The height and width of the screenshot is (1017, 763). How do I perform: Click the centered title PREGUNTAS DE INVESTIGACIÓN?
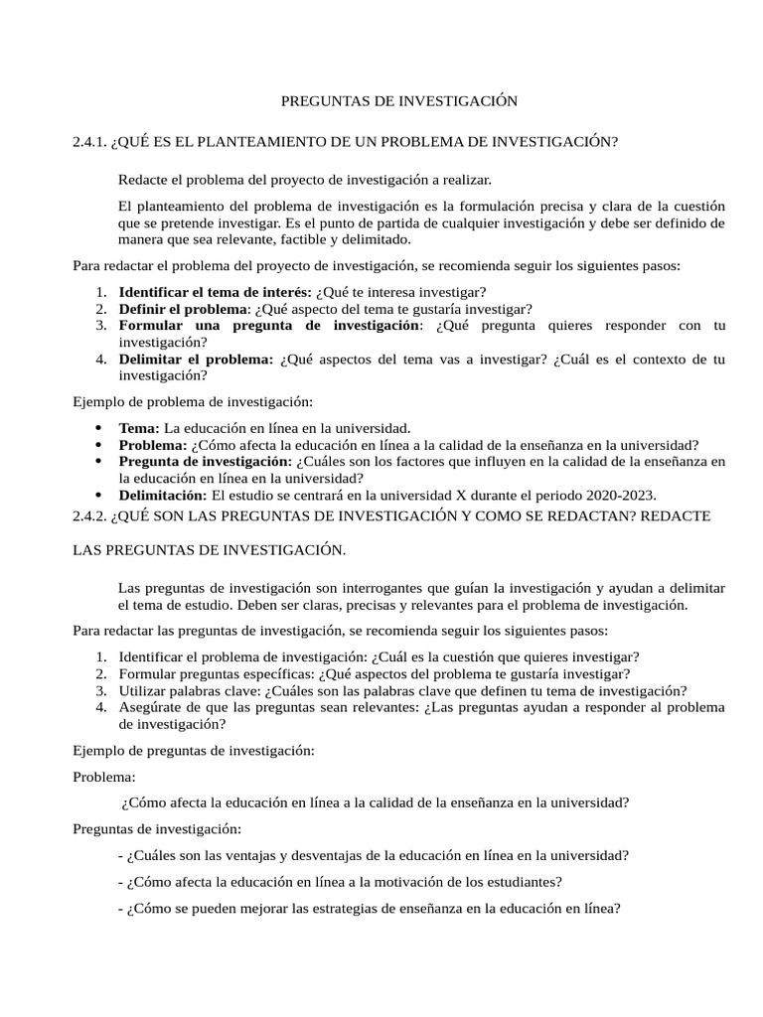point(399,100)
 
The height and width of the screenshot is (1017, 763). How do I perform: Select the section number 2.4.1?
point(89,142)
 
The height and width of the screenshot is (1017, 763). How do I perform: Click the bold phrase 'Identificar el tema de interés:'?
point(215,292)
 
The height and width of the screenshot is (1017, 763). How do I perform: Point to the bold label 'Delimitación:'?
point(163,495)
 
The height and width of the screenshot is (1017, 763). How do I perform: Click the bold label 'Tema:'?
point(139,427)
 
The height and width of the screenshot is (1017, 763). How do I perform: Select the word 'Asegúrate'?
point(150,707)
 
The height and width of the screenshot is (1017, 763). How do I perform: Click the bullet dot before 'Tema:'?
point(97,427)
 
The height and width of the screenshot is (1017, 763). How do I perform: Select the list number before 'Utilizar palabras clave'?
point(101,690)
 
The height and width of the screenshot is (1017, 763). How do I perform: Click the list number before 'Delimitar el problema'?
point(101,360)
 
